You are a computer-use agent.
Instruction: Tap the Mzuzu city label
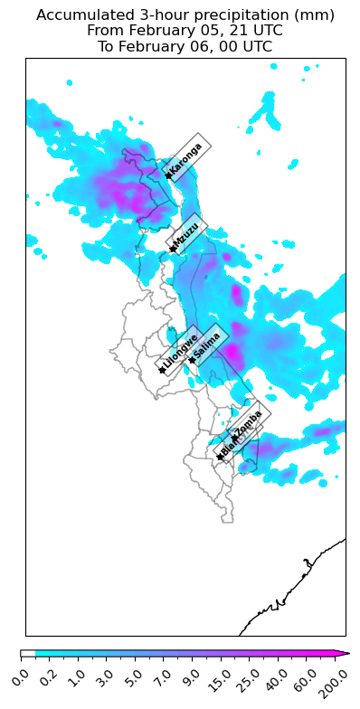pos(187,234)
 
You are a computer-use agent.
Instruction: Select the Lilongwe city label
pos(180,353)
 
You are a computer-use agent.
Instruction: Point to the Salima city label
pos(207,345)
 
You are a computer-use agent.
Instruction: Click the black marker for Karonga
pos(168,175)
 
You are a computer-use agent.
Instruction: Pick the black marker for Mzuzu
pos(173,249)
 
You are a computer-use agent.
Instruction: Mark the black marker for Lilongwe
pos(162,370)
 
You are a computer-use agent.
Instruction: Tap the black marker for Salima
pos(192,360)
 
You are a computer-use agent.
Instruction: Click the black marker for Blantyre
pos(220,457)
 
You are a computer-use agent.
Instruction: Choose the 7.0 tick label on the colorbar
pos(165,675)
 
